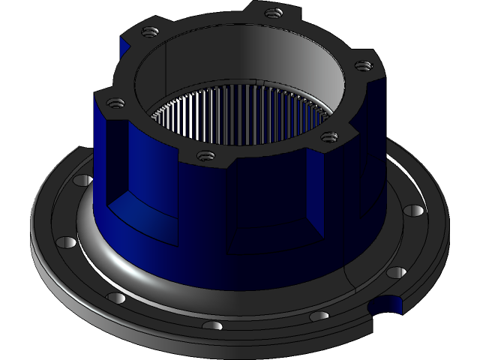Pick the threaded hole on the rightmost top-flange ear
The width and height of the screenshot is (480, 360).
click(362, 66)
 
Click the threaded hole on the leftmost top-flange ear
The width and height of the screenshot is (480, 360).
click(113, 103)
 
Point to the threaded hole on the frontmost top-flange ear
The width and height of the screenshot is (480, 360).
click(202, 156)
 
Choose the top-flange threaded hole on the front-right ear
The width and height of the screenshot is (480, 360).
click(328, 136)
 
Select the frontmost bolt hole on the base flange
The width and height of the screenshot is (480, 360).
click(212, 326)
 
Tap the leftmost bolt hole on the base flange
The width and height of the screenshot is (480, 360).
click(66, 243)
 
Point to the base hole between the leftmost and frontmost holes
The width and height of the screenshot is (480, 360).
click(116, 298)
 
